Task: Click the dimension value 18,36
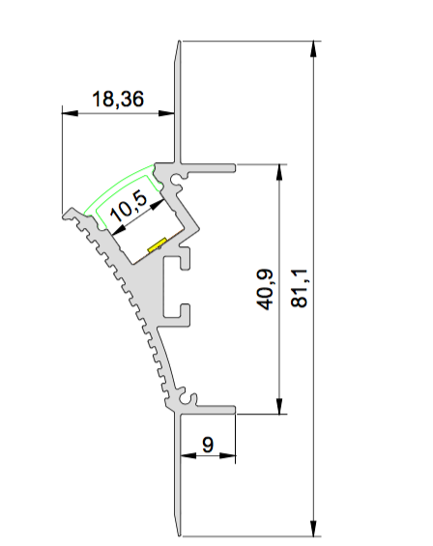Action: point(117,98)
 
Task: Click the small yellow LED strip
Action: point(157,245)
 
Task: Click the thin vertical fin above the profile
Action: point(179,97)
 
